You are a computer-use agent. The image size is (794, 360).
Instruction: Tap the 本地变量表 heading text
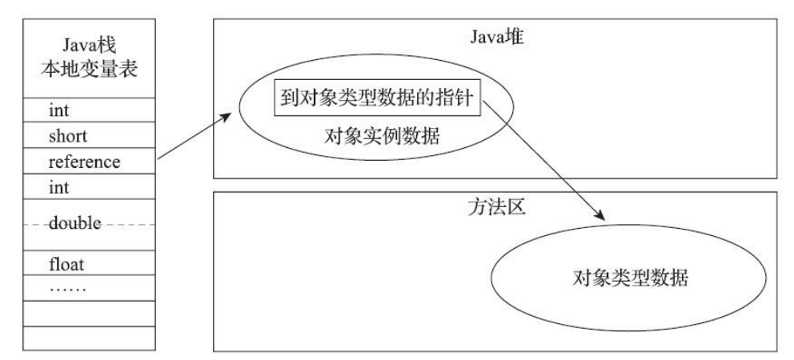click(89, 69)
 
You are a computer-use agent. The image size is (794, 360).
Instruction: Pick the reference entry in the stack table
click(84, 162)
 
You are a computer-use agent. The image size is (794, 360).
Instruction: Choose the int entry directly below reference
click(59, 188)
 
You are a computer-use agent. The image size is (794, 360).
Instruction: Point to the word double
click(74, 223)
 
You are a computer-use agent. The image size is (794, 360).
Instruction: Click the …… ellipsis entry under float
click(68, 285)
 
